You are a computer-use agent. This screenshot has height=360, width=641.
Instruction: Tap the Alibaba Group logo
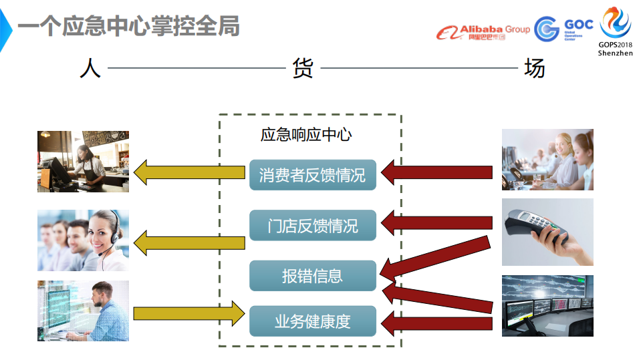(x=483, y=31)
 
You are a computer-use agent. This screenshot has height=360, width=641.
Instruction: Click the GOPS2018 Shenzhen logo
(x=615, y=31)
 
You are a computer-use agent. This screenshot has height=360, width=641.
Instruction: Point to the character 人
(x=90, y=68)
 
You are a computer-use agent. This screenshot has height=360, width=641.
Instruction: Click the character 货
(x=303, y=68)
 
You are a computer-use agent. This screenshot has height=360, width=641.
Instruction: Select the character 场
(x=533, y=68)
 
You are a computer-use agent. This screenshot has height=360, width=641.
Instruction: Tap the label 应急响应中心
(x=305, y=134)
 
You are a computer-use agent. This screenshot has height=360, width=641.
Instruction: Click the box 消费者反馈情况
(x=312, y=175)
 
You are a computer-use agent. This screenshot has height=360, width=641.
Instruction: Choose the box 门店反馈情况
(x=312, y=225)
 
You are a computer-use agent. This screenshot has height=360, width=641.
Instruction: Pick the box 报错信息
(x=312, y=275)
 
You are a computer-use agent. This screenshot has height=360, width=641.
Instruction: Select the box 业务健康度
(x=312, y=321)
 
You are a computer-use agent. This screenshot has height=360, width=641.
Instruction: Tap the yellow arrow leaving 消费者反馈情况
(x=189, y=172)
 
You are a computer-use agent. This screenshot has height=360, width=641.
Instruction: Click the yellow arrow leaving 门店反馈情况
(x=189, y=240)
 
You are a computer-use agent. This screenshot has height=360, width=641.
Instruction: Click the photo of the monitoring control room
(x=547, y=305)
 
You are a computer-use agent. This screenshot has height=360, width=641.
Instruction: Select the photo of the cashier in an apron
(x=83, y=162)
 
